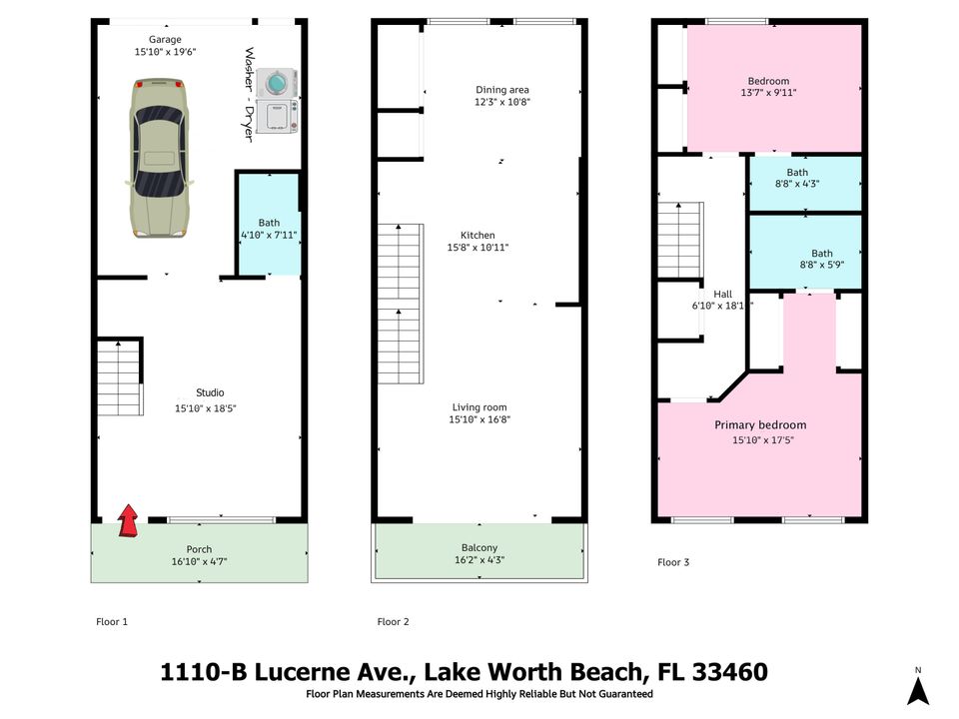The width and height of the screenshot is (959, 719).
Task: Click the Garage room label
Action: (x=166, y=40)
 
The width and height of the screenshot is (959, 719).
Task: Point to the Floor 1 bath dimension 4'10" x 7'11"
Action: (x=269, y=235)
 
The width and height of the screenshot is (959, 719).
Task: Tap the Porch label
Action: (x=199, y=549)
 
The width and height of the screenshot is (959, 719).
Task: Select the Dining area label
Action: (x=502, y=90)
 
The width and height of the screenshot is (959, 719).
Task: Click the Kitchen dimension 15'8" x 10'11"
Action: (x=478, y=248)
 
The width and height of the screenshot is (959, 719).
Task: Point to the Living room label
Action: (x=479, y=407)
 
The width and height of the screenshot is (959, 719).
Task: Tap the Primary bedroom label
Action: (x=760, y=424)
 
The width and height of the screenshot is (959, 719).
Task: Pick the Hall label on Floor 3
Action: (x=722, y=294)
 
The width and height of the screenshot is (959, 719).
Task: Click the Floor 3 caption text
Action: (x=673, y=562)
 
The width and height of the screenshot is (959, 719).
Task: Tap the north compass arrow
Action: (x=918, y=689)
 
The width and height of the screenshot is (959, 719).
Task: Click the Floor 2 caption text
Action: (x=393, y=622)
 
